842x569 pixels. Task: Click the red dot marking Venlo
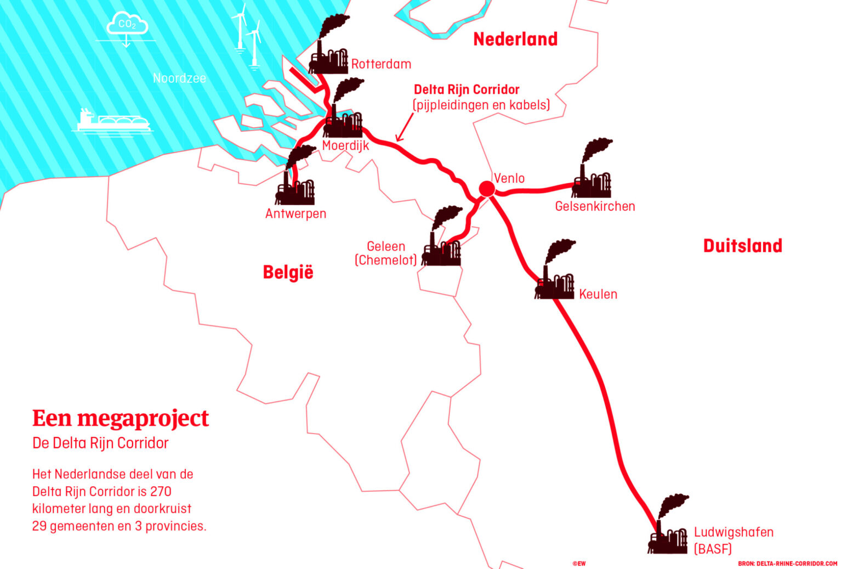point(487,189)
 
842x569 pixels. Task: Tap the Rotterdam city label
point(381,64)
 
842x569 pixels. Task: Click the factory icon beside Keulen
point(555,272)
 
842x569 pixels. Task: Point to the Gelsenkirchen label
point(595,206)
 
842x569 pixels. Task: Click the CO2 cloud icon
point(127,25)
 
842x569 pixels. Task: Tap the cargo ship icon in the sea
point(113,121)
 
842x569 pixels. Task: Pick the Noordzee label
point(179,78)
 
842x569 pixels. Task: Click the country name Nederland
point(515,39)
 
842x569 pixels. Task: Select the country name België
point(288,272)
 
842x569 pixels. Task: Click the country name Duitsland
point(742,245)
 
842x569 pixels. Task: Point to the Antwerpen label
point(295,213)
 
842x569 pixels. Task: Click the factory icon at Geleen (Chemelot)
point(442,239)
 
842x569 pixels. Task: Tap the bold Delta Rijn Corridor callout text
point(466,89)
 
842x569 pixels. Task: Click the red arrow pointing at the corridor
point(405,128)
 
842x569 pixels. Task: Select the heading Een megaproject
point(121,418)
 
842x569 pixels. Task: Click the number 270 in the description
point(160,491)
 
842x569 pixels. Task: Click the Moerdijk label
point(345,145)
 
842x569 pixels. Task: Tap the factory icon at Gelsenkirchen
point(592,170)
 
